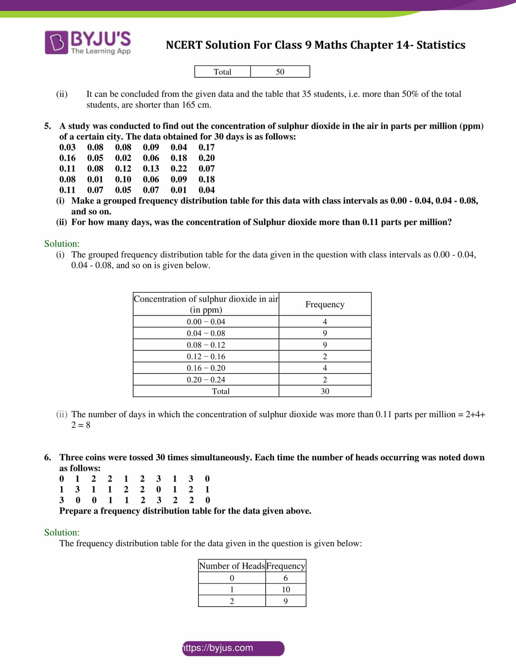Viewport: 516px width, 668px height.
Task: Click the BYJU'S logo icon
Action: (x=56, y=43)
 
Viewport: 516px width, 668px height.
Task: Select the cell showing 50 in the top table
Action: (x=280, y=72)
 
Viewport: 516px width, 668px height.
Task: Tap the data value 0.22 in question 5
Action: (x=178, y=169)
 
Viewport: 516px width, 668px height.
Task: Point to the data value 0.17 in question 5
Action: (x=207, y=148)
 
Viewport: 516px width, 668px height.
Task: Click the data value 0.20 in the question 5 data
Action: (x=207, y=158)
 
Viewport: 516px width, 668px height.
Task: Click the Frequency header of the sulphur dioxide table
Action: (x=325, y=304)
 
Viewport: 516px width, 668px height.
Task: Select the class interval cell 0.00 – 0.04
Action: (x=206, y=322)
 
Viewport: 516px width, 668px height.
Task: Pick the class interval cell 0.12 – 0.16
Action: (x=206, y=356)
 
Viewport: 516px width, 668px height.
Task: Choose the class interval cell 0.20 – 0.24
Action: (x=206, y=380)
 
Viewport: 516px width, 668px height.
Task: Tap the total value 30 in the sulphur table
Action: (x=325, y=391)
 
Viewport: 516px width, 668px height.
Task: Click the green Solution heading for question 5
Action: (x=62, y=244)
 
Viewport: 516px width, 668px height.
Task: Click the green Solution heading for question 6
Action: (x=62, y=533)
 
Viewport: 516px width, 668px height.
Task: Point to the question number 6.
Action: (x=47, y=458)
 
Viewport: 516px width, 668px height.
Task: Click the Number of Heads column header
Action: (x=232, y=566)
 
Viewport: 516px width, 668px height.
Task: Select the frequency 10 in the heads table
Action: (x=286, y=589)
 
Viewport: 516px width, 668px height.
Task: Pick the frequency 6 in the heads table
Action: (x=286, y=578)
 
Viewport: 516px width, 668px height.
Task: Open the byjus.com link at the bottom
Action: (x=233, y=648)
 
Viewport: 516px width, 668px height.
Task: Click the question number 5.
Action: (x=47, y=126)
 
